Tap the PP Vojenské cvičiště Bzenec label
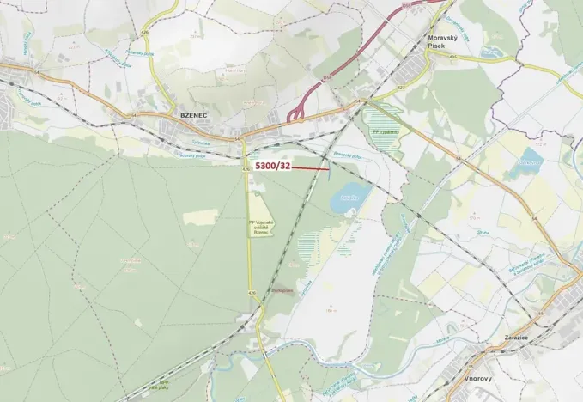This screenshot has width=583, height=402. tap(259, 227)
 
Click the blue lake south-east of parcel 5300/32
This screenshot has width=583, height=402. tap(348, 198)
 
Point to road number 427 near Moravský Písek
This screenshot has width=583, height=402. tap(402, 87)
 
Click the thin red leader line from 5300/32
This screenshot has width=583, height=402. tap(311, 168)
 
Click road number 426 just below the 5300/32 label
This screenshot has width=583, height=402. tap(246, 170)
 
